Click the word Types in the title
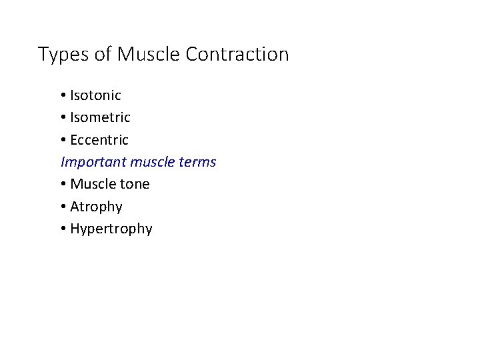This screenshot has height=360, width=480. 63,55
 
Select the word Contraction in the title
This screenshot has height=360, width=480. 237,54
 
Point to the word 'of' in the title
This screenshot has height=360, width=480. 103,54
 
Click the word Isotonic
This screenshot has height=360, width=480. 95,95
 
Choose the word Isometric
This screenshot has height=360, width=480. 100,117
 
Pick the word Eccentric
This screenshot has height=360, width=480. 99,140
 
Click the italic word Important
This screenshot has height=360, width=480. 94,162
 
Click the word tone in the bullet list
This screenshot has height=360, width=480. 135,184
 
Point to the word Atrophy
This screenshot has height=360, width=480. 96,207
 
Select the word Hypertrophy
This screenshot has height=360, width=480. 111,229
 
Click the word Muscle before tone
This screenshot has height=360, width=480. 92,184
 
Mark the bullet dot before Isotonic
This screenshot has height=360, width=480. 63,96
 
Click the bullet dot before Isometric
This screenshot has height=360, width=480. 63,118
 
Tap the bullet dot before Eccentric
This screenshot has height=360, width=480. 63,141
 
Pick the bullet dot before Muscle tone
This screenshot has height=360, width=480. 63,185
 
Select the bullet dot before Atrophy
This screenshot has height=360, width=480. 63,207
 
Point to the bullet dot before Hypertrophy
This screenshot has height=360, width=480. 63,229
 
